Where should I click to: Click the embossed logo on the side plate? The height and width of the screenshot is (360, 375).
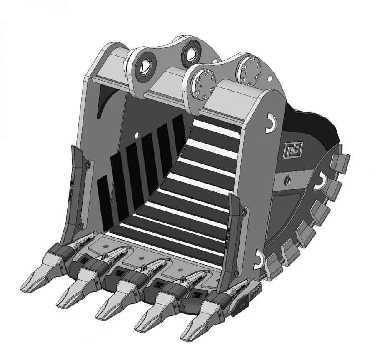point(294,148)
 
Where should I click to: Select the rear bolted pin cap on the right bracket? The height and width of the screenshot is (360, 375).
point(249,69)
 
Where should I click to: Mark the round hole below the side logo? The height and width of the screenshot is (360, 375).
point(287,180)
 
